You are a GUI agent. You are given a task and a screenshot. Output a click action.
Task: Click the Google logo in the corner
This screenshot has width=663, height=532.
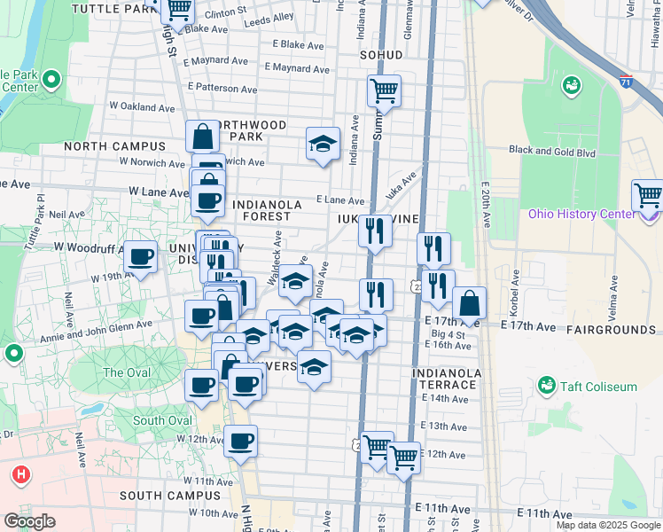29,520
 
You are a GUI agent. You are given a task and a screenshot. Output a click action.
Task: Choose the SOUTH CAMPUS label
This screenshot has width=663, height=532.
163,495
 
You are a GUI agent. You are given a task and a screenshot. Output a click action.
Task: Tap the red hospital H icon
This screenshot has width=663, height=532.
21,474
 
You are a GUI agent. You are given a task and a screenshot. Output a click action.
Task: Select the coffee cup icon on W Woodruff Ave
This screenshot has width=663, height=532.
139,257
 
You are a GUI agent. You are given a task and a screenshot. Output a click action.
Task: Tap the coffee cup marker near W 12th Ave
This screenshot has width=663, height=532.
240,442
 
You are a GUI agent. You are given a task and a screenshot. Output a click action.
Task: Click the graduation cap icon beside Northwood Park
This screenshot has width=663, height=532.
324,143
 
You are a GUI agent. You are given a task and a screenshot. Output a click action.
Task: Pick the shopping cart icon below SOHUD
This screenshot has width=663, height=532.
384,90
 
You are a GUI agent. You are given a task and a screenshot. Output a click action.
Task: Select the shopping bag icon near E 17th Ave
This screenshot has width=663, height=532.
469,302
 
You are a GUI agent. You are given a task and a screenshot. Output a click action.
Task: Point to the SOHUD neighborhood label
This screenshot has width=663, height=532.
381,55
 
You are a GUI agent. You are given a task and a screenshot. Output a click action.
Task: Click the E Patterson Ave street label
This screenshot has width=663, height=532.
222,89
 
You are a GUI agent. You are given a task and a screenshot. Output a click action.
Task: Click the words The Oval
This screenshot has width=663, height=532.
126,372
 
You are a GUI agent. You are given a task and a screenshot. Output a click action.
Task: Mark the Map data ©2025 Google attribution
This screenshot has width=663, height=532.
607,525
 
